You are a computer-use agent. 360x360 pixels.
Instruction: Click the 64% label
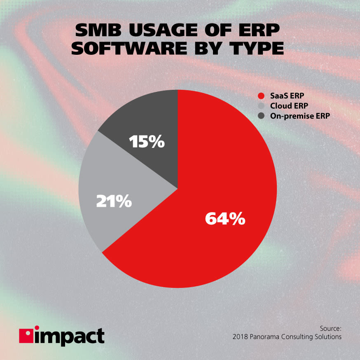(x=225, y=218)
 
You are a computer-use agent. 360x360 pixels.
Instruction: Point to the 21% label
(x=114, y=201)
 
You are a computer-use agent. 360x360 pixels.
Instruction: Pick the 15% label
(x=147, y=142)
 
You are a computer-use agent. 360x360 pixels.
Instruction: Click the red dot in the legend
(x=260, y=96)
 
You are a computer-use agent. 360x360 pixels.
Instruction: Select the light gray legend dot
(x=260, y=106)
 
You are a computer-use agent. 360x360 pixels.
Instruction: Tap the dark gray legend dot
(x=260, y=116)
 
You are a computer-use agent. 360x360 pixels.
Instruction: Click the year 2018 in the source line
(x=240, y=337)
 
